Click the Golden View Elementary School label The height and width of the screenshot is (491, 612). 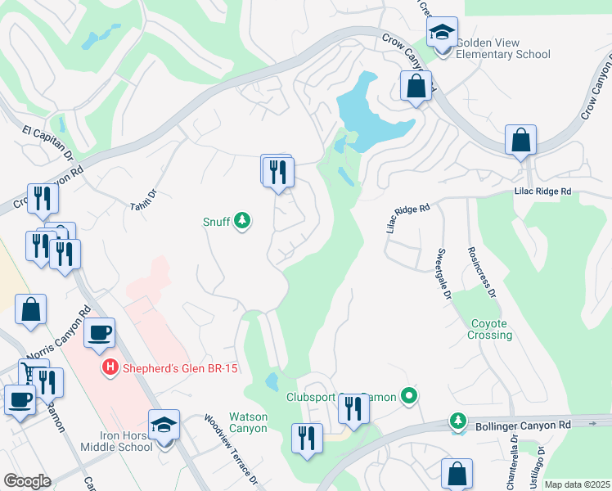click(502, 48)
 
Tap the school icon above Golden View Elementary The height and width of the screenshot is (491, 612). click(443, 34)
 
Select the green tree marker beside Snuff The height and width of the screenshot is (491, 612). click(242, 220)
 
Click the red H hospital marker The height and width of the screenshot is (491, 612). click(110, 369)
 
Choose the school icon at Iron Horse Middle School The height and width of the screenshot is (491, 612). click(164, 425)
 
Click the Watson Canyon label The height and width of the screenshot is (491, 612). click(247, 422)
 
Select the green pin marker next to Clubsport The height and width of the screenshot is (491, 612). click(410, 397)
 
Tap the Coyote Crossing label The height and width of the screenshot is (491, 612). click(490, 329)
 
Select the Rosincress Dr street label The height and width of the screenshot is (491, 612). click(481, 273)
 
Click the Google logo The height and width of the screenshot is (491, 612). click(27, 480)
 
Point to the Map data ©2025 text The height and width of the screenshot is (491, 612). click(577, 484)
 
